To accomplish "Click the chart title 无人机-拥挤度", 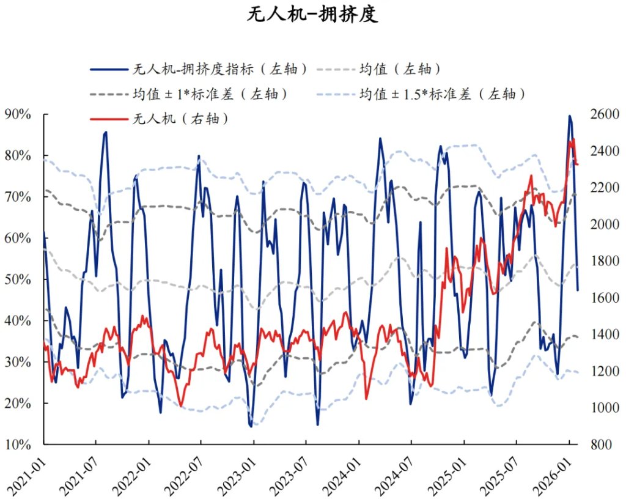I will (x=312, y=15).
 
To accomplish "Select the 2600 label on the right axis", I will (x=603, y=114).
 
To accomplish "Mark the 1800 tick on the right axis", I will (x=603, y=261).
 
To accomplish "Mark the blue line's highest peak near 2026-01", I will (x=570, y=116).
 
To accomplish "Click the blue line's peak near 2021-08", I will (x=106, y=132).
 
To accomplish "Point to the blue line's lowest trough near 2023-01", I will (x=251, y=426).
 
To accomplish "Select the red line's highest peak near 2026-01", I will (x=573, y=140).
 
